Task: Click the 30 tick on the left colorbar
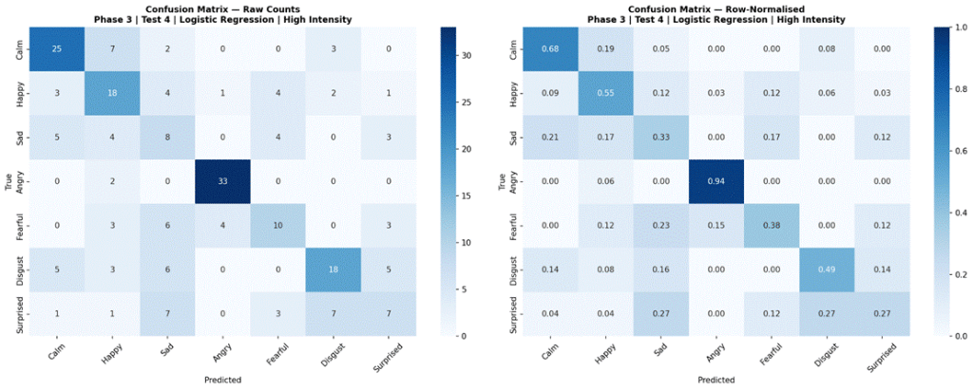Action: pyautogui.click(x=467, y=55)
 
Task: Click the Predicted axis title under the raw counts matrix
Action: pyautogui.click(x=221, y=379)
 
